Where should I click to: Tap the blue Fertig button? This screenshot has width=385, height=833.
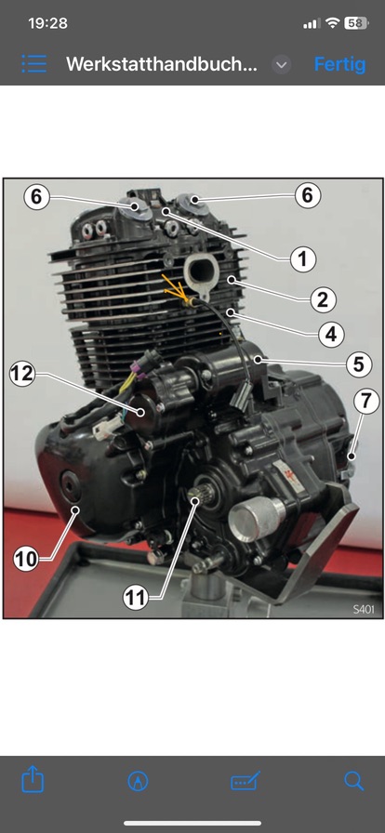pyautogui.click(x=339, y=64)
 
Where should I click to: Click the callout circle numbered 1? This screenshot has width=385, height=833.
pyautogui.click(x=302, y=259)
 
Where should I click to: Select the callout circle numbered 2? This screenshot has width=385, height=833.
pyautogui.click(x=323, y=300)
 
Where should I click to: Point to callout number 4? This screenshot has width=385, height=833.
pyautogui.click(x=331, y=335)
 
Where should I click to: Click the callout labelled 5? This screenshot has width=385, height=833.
pyautogui.click(x=358, y=364)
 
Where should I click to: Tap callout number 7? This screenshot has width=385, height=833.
pyautogui.click(x=367, y=401)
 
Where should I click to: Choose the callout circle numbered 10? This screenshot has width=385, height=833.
pyautogui.click(x=26, y=559)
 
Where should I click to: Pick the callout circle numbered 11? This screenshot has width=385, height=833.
pyautogui.click(x=136, y=598)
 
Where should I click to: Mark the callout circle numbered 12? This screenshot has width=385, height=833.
pyautogui.click(x=21, y=374)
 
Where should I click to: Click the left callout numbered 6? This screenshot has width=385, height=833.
pyautogui.click(x=36, y=196)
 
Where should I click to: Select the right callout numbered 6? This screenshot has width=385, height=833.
pyautogui.click(x=308, y=195)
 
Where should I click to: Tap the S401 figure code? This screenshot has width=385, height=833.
pyautogui.click(x=364, y=609)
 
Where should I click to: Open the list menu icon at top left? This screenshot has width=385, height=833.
pyautogui.click(x=34, y=64)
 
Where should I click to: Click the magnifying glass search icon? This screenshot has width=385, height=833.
pyautogui.click(x=353, y=781)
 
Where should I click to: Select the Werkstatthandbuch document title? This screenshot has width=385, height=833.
pyautogui.click(x=162, y=64)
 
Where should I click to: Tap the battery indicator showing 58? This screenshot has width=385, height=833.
pyautogui.click(x=356, y=23)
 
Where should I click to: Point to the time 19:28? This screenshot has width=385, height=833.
pyautogui.click(x=47, y=23)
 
